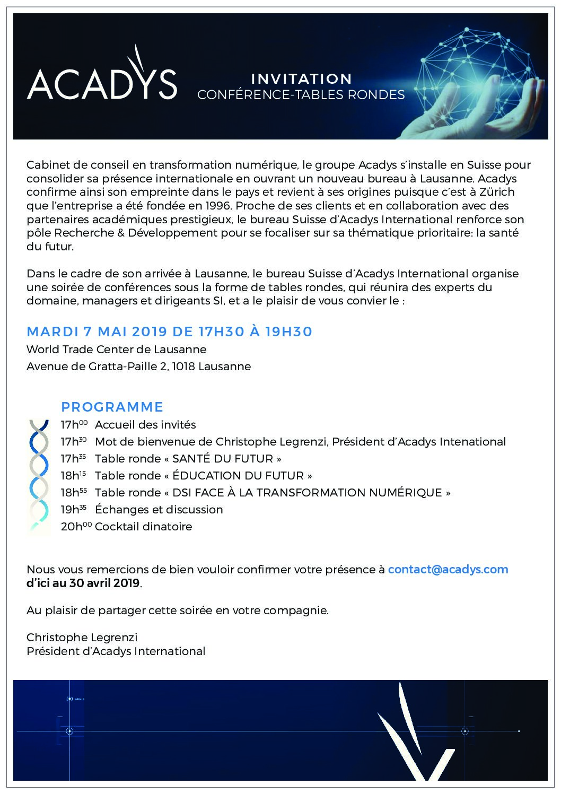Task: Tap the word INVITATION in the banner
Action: point(301,79)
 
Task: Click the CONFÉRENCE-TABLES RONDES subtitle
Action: point(301,95)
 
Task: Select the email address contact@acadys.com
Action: point(448,570)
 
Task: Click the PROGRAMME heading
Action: point(112,407)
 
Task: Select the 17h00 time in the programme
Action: point(74,424)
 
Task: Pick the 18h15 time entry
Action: point(74,475)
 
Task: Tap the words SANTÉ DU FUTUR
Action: point(226,459)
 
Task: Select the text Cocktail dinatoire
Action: point(143,527)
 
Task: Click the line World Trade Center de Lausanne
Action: point(116,350)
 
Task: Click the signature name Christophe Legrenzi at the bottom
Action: point(82,637)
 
